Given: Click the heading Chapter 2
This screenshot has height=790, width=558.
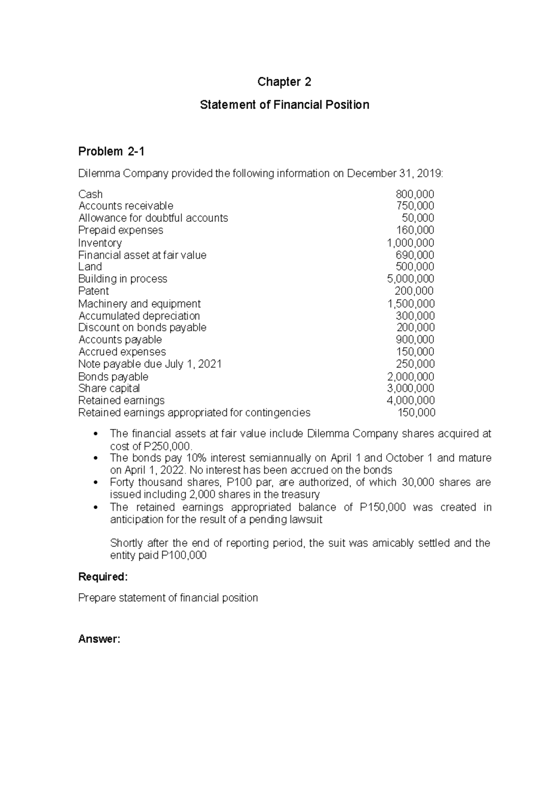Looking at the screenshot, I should (284, 82).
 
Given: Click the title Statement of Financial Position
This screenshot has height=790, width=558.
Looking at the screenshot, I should (284, 105).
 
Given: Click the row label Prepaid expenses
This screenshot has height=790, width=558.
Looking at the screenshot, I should (120, 230).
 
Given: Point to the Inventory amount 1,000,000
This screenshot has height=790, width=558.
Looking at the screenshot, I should (411, 243).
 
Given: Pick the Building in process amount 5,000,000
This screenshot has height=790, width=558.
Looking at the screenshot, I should (411, 279).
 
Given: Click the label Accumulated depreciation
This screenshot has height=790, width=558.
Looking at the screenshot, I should (139, 316).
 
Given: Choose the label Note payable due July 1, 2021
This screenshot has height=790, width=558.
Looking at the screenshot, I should (150, 364).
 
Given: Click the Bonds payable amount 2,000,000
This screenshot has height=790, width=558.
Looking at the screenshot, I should (411, 376).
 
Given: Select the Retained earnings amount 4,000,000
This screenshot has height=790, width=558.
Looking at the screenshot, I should (411, 401).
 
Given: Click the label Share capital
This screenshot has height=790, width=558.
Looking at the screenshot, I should (109, 388).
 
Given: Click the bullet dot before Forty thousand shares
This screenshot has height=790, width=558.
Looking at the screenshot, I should (96, 482).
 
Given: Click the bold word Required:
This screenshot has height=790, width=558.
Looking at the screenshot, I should (103, 577).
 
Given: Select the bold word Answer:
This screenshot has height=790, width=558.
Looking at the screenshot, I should (99, 639).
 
